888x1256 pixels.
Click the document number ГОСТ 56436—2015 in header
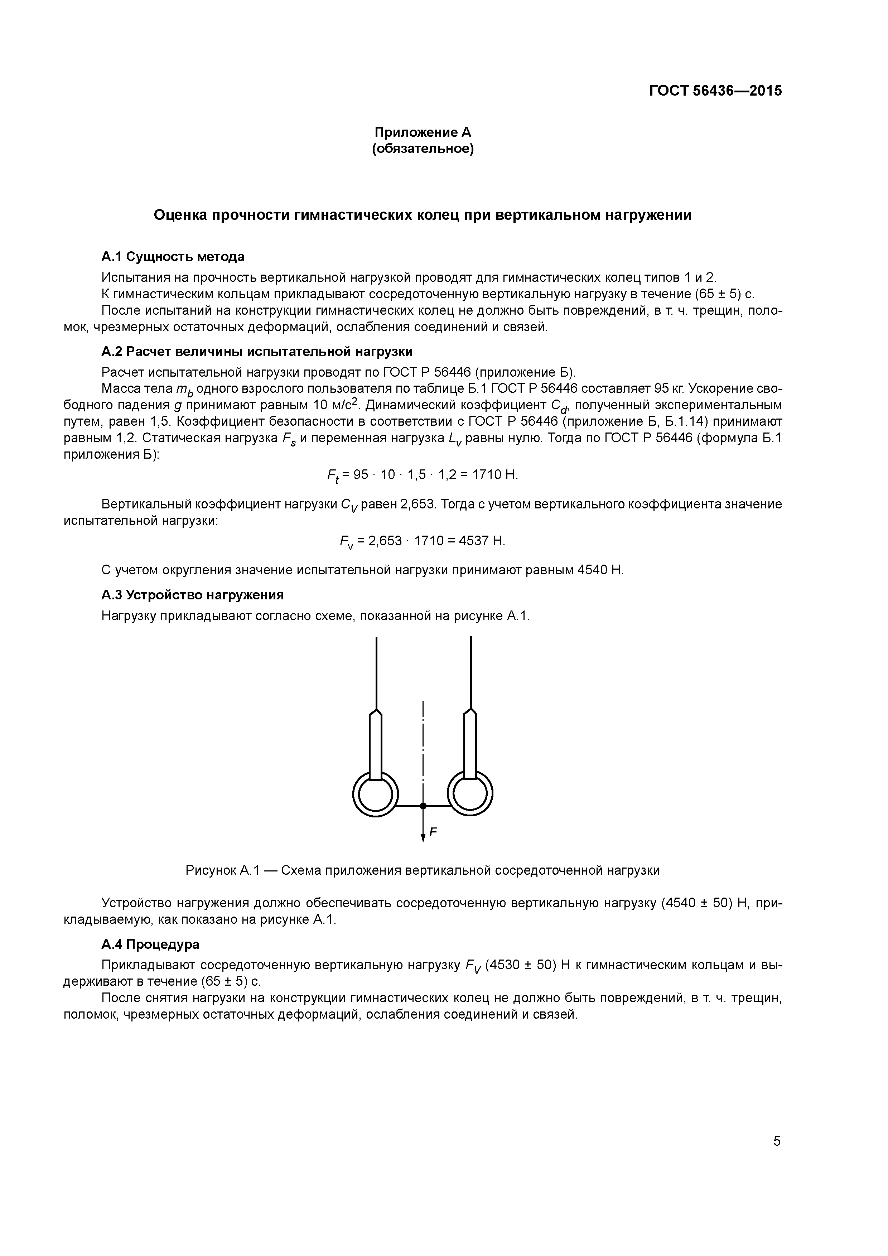[x=715, y=91]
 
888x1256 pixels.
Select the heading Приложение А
[x=423, y=132]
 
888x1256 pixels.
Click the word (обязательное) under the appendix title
[x=423, y=149]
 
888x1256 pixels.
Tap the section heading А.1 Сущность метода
[x=173, y=257]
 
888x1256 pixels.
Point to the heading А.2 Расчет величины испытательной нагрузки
[x=257, y=351]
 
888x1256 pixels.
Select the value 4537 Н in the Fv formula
[x=482, y=541]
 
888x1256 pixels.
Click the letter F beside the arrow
[x=433, y=832]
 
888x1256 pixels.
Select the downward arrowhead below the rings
[x=423, y=837]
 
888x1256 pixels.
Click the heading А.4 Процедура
[x=150, y=944]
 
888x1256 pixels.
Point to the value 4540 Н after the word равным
[x=600, y=570]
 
